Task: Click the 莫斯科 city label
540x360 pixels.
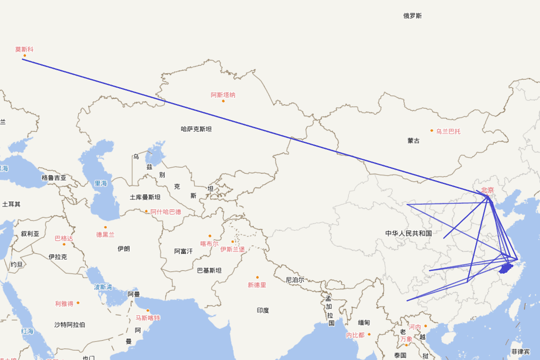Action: tap(25, 49)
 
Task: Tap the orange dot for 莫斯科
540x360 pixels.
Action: tap(25, 56)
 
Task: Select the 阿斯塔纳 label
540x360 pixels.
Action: tap(223, 95)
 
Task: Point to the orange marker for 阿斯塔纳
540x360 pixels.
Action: tap(223, 101)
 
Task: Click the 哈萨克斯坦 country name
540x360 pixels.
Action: tap(196, 129)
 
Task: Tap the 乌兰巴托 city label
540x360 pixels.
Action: tap(448, 131)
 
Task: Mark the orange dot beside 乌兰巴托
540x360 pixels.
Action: tap(432, 130)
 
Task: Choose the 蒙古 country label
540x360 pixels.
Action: tap(414, 141)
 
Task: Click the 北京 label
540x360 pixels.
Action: tap(487, 190)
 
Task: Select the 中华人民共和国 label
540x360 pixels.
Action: tap(409, 233)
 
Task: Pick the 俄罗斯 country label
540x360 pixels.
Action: tap(413, 16)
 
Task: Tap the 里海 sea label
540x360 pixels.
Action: tap(101, 184)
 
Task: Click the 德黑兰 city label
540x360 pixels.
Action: tap(105, 234)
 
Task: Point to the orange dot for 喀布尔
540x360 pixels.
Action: tap(210, 236)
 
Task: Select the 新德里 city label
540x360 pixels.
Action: tap(257, 285)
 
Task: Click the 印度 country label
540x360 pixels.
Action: tap(263, 310)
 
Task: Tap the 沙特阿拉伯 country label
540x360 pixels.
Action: tap(70, 324)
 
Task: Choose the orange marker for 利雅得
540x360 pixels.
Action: tap(78, 303)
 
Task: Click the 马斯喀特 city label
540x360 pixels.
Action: tap(148, 318)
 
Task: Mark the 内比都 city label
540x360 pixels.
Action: tap(355, 335)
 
